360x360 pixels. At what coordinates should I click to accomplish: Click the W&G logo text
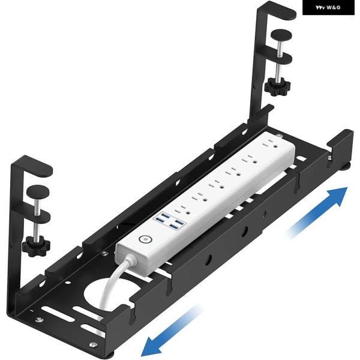tap(333, 8)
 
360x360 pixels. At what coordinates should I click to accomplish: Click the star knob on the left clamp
tap(36, 246)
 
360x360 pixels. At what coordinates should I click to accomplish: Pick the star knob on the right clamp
tap(277, 87)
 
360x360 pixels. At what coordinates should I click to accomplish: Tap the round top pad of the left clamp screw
tap(38, 191)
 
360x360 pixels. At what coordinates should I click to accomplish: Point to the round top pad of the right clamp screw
tap(281, 35)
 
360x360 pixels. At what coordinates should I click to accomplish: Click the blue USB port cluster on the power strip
tap(168, 220)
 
